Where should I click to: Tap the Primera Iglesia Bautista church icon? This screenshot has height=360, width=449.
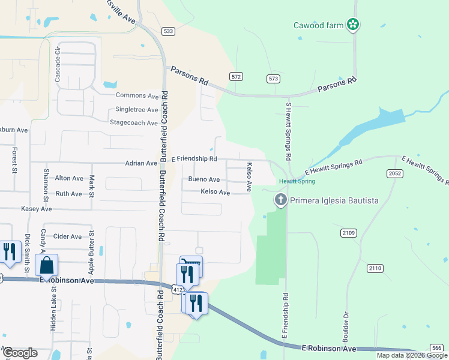pos(280,200)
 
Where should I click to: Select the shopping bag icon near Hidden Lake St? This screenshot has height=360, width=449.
pos(46,265)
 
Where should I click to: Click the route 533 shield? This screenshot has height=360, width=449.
pos(168,31)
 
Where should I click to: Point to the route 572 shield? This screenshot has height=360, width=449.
pos(236,76)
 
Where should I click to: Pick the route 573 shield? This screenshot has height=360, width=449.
pos(274,79)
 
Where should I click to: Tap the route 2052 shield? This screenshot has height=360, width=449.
pos(394,173)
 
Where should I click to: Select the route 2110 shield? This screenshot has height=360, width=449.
pos(376,268)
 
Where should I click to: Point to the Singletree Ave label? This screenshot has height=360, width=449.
pos(136,109)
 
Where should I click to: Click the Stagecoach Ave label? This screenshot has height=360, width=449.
pos(134,123)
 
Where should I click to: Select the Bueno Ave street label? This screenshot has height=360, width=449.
pos(204,179)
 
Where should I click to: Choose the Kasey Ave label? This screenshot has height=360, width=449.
pos(37,209)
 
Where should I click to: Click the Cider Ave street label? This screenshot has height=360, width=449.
pos(68,236)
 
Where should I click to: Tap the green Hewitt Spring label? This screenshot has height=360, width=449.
pos(297,181)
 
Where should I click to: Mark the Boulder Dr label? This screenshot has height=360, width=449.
pos(346,318)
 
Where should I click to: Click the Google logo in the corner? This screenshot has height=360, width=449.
pos(19,352)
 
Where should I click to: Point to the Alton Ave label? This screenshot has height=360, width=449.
pos(69,178)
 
